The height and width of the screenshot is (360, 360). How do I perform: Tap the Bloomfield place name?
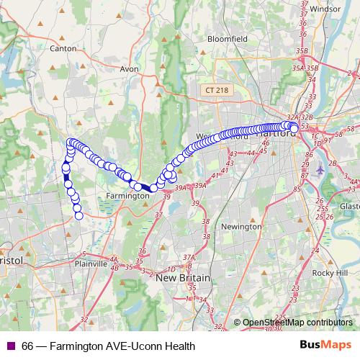(225, 38)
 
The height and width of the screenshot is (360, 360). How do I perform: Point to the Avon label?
(129, 70)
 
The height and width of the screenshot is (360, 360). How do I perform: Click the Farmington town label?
(127, 195)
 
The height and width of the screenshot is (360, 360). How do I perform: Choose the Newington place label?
(242, 226)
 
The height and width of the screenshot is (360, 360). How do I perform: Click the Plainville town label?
(91, 264)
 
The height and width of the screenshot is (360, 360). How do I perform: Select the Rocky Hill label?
(330, 273)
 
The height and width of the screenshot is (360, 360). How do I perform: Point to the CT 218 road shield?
(216, 90)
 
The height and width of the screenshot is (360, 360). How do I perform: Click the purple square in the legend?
(10, 346)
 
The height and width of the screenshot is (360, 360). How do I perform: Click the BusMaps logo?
(325, 346)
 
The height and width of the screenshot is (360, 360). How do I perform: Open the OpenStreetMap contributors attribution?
(297, 323)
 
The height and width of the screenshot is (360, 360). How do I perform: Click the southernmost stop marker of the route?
(79, 215)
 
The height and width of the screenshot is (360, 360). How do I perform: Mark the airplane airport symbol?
(321, 170)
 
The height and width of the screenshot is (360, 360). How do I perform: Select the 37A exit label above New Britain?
(189, 257)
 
